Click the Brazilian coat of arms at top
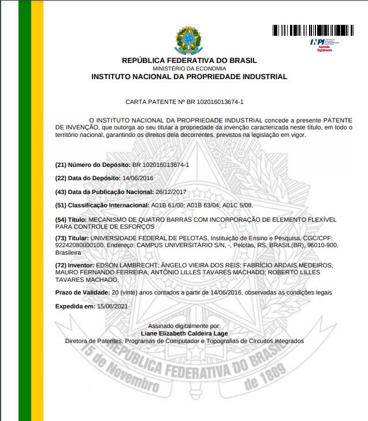189,39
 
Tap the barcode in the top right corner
313,30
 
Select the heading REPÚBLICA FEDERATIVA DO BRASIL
189,61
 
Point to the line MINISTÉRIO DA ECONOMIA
189,69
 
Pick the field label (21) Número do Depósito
92,165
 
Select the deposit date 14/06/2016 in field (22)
139,178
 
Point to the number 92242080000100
80,245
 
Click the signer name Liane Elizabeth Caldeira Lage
184,333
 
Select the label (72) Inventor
74,264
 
